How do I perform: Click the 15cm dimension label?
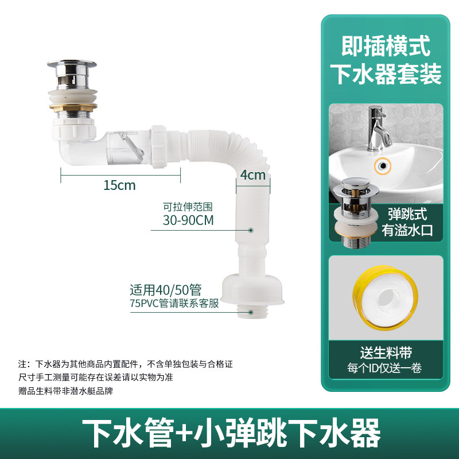pyautogui.click(x=119, y=185)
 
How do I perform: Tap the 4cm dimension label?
pyautogui.click(x=253, y=175)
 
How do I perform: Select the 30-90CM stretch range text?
pyautogui.click(x=188, y=220)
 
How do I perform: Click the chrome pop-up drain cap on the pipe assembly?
pyautogui.click(x=72, y=73)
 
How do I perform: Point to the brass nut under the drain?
pyautogui.click(x=73, y=107)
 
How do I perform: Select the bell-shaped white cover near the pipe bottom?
pyautogui.click(x=252, y=289)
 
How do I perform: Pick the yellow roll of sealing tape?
pyautogui.click(x=385, y=298)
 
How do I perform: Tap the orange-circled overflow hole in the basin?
pyautogui.click(x=383, y=166)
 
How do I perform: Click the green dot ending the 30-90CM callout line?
pyautogui.click(x=251, y=231)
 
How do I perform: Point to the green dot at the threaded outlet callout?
pyautogui.click(x=251, y=312)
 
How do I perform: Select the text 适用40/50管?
pyautogui.click(x=166, y=290)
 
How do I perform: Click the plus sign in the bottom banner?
pyautogui.click(x=184, y=433)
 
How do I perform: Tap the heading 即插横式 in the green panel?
pyautogui.click(x=386, y=46)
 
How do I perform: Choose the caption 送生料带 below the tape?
pyautogui.click(x=386, y=353)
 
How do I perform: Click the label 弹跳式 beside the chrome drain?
pyautogui.click(x=407, y=214)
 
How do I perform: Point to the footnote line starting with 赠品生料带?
pyautogui.click(x=65, y=391)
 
